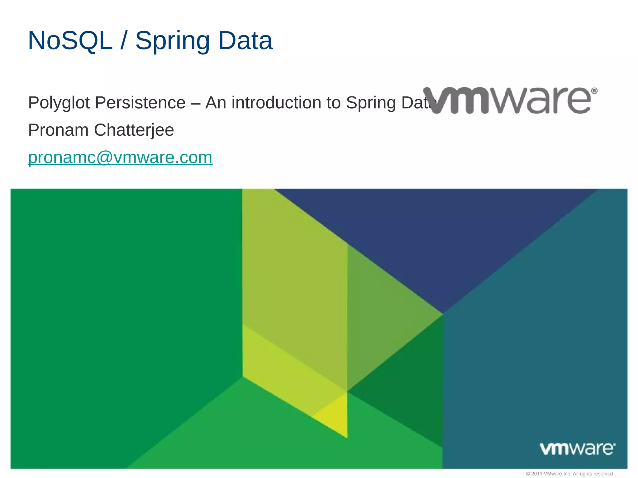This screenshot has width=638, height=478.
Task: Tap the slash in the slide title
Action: (x=124, y=41)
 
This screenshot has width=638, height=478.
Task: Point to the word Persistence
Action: (x=140, y=103)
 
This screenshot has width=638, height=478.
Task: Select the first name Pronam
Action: (x=58, y=130)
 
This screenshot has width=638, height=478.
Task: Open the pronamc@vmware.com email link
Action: (x=120, y=157)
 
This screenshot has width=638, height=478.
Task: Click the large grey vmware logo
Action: (x=510, y=100)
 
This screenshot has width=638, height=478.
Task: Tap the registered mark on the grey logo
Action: (x=594, y=91)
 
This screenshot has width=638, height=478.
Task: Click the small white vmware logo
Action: (x=577, y=448)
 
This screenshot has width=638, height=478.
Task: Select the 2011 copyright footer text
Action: (x=569, y=474)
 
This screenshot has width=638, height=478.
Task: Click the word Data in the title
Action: (x=245, y=41)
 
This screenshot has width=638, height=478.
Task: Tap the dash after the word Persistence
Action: (x=195, y=103)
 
